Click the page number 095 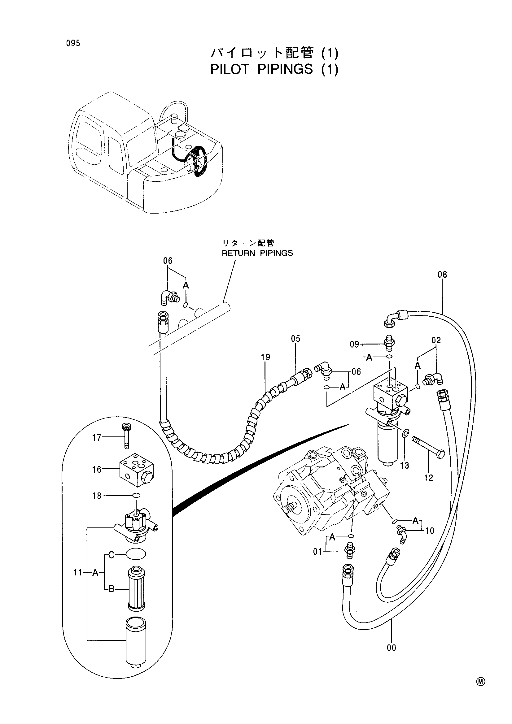pyautogui.click(x=73, y=43)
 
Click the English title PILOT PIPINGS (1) pyautogui.click(x=274, y=69)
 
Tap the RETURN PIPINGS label pyautogui.click(x=257, y=253)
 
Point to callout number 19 pyautogui.click(x=266, y=357)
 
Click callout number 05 pyautogui.click(x=295, y=339)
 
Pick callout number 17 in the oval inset pyautogui.click(x=97, y=438)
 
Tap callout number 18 pyautogui.click(x=97, y=496)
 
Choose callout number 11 pyautogui.click(x=78, y=572)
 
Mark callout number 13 pyautogui.click(x=405, y=465)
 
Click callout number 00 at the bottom pyautogui.click(x=391, y=648)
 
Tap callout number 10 pyautogui.click(x=430, y=531)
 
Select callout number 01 pyautogui.click(x=317, y=552)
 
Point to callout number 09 pyautogui.click(x=355, y=344)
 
